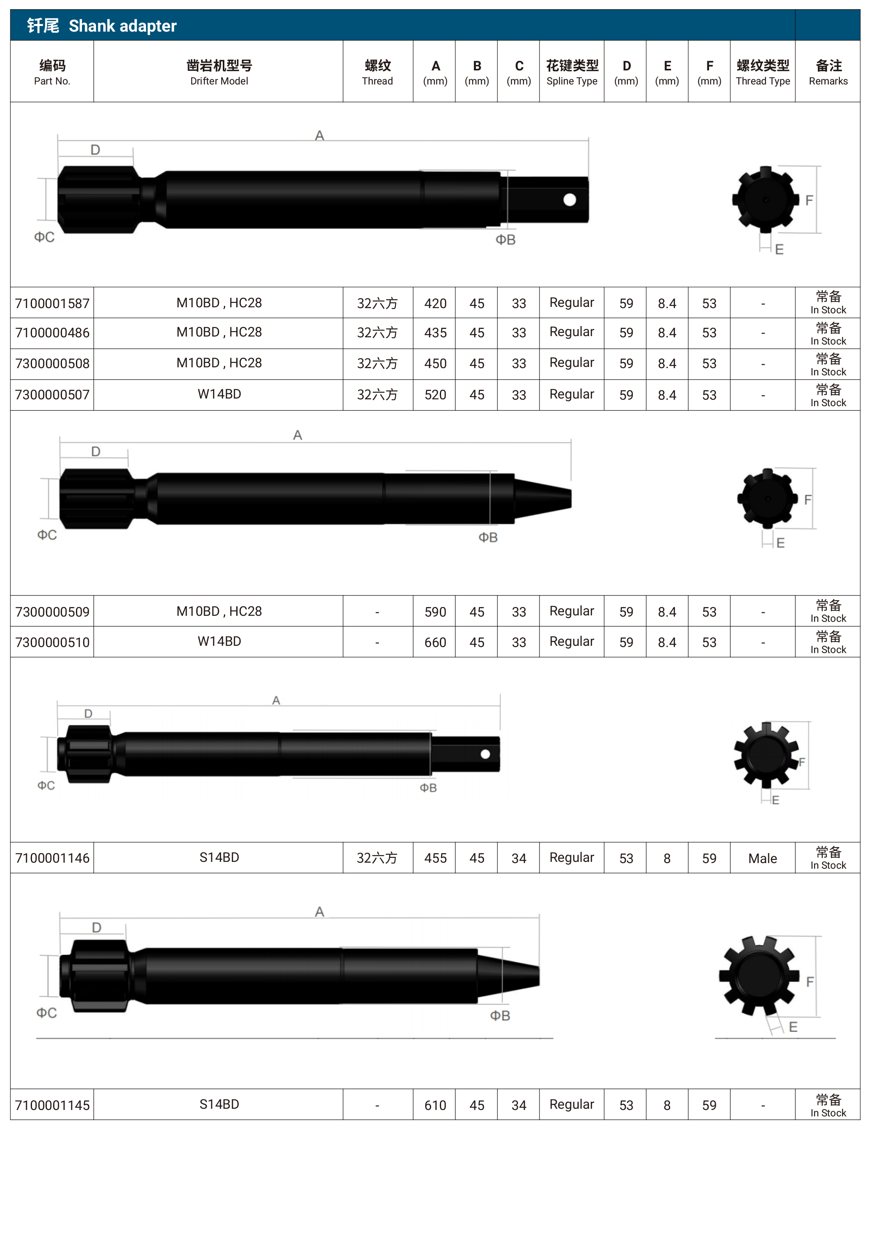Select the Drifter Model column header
pos(219,72)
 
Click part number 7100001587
pos(52,303)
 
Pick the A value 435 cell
pos(435,333)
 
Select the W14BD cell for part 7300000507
pos(219,394)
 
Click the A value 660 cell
pos(435,642)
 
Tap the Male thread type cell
pos(762,858)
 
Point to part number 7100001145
pos(52,1105)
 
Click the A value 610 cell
pos(435,1105)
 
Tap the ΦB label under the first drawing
pos(505,240)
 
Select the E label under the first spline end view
pos(779,249)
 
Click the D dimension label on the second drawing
pos(96,451)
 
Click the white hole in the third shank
pos(485,754)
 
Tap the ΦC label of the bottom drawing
pos(46,1013)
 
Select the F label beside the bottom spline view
pos(809,982)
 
